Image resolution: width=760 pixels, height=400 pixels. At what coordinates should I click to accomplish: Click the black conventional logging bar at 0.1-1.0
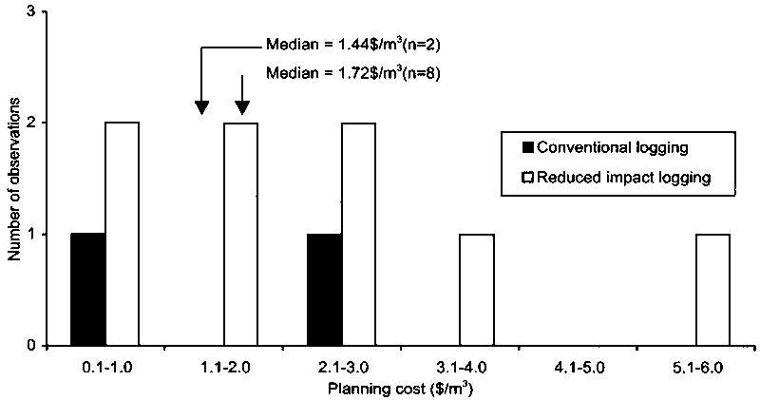click(x=87, y=289)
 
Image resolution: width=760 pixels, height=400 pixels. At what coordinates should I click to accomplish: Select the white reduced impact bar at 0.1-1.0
click(x=122, y=234)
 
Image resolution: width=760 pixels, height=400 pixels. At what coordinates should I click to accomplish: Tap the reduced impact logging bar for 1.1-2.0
click(x=240, y=234)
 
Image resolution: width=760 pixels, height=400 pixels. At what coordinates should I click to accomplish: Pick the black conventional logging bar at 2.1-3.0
click(x=324, y=289)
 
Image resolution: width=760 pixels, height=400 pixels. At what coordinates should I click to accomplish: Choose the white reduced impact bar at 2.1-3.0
click(x=358, y=234)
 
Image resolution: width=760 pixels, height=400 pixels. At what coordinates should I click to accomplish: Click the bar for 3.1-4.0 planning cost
click(x=477, y=289)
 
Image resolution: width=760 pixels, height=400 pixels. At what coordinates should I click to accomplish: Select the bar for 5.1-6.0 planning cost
click(x=713, y=289)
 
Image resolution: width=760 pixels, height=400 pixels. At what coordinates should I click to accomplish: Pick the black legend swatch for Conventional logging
click(x=528, y=147)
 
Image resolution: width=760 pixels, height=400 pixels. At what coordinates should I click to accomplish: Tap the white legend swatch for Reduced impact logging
click(x=528, y=177)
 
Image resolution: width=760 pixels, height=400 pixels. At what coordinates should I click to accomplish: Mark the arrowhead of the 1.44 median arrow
click(x=201, y=108)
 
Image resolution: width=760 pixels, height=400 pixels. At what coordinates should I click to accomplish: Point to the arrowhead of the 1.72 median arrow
click(x=241, y=108)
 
